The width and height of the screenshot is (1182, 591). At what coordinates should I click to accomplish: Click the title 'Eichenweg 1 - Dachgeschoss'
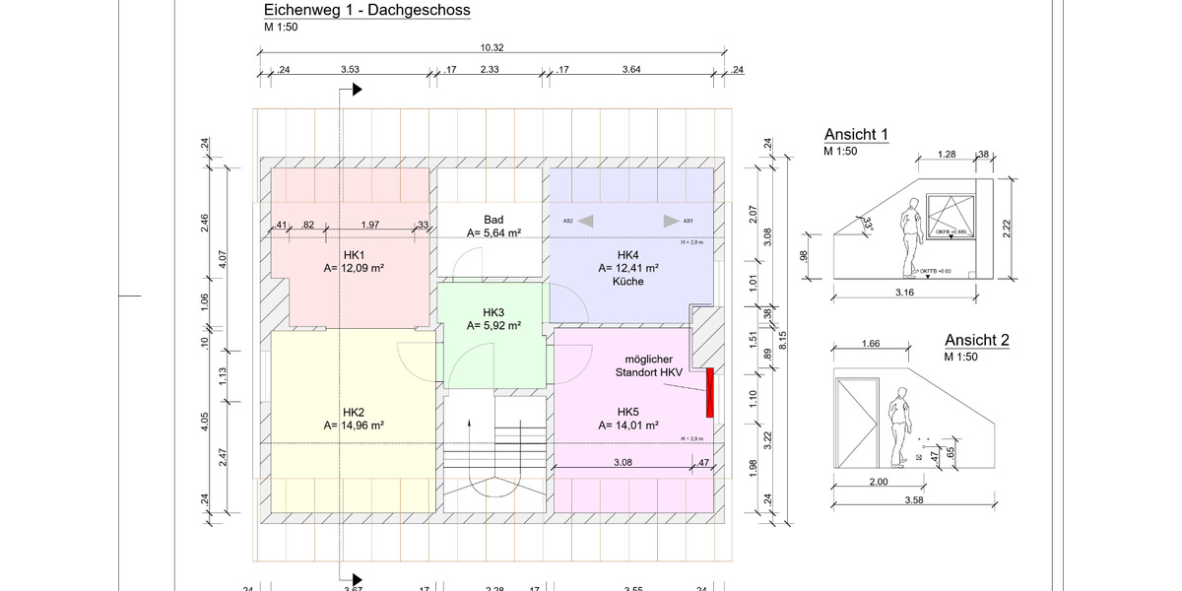pos(366,11)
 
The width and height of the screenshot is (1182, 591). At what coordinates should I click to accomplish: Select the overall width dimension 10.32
pos(492,47)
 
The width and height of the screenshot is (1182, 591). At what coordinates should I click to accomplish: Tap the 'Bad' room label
pos(493,220)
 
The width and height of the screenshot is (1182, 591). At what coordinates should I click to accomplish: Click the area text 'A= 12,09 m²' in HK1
pos(353,267)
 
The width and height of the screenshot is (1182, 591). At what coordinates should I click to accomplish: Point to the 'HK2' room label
pos(354,412)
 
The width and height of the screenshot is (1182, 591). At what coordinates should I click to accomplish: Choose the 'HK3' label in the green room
pos(493,311)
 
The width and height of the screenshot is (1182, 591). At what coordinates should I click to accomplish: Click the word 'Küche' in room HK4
pos(628,281)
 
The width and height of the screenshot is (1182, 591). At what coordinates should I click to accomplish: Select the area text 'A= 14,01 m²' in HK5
pos(628,426)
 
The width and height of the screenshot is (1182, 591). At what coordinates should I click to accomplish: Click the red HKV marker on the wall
pos(708,392)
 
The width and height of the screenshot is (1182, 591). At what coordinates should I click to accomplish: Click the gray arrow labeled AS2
pos(585,221)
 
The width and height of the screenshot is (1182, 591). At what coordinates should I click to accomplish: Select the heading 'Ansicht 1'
pos(856,135)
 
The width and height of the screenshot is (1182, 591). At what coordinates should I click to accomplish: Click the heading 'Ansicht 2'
pos(976,341)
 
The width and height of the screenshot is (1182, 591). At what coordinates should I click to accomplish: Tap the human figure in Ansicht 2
pos(897,427)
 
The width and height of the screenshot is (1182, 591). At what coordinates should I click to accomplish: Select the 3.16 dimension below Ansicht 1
pos(905,292)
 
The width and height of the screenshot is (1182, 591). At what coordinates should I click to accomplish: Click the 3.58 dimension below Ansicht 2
pos(915,500)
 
